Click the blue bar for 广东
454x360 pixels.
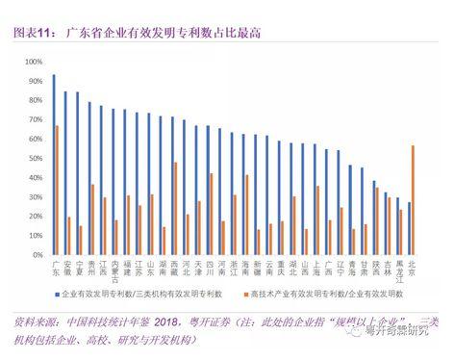pyautogui.click(x=54, y=164)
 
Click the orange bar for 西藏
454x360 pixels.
pyautogui.click(x=176, y=208)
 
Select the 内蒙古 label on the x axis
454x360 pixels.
pyautogui.click(x=116, y=269)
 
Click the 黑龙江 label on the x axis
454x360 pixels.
pyautogui.click(x=400, y=269)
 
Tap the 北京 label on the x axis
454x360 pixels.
pyautogui.click(x=412, y=265)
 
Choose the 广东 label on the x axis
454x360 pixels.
pyautogui.click(x=56, y=265)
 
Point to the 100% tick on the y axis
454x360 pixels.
pyautogui.click(x=34, y=60)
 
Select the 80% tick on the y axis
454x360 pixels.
pyautogui.click(x=36, y=98)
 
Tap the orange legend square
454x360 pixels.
pyautogui.click(x=244, y=292)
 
